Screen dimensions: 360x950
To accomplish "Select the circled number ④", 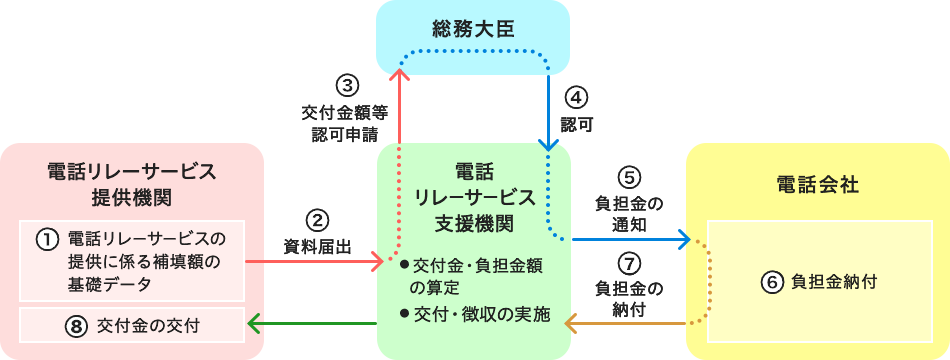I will click(576, 97).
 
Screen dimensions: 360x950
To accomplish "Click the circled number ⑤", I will click(628, 177).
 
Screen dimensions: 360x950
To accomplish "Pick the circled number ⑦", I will click(628, 264).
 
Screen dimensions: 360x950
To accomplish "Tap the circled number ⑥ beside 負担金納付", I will click(771, 282).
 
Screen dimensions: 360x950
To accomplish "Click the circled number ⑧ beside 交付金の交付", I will click(75, 325).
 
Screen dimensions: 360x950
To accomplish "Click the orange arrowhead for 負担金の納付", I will click(575, 323).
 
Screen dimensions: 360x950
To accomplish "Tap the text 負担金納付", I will click(832, 282).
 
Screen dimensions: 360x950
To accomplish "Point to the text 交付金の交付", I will click(150, 325).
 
